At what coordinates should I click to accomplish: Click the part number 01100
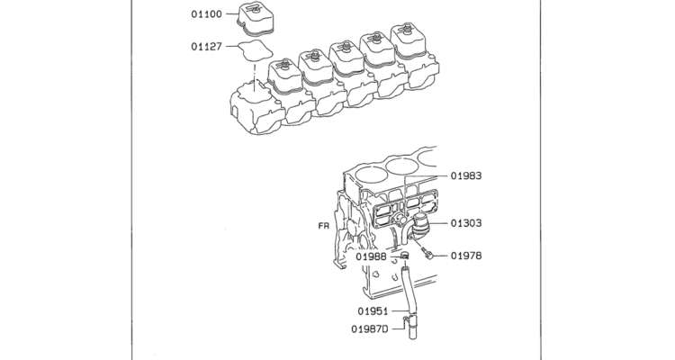(x=207, y=14)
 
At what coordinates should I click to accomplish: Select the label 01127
(x=207, y=47)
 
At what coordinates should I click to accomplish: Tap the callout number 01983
(x=466, y=175)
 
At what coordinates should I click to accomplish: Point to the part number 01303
(x=466, y=223)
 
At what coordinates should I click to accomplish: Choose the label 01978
(x=466, y=256)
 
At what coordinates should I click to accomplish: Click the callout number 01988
(x=371, y=257)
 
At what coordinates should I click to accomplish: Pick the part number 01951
(x=373, y=310)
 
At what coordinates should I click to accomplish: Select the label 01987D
(x=370, y=329)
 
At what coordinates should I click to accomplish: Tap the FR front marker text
(x=324, y=226)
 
